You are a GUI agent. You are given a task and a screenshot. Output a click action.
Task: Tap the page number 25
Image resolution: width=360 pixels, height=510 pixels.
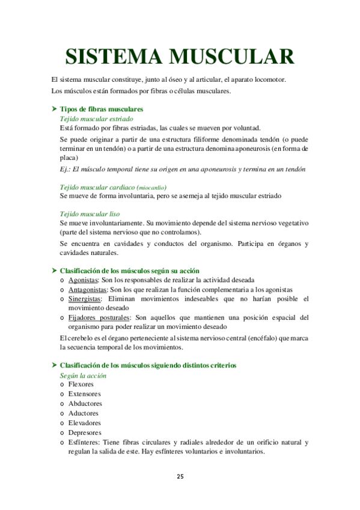(x=180, y=476)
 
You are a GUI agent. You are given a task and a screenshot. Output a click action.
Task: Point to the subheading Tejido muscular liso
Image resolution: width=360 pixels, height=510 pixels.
(x=90, y=214)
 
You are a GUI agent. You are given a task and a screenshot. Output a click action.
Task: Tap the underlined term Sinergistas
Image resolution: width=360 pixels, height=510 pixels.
(x=85, y=298)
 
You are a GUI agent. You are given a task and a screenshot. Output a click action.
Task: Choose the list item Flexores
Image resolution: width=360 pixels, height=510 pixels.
(x=81, y=384)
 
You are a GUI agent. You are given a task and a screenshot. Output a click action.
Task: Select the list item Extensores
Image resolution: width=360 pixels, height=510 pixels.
(x=84, y=394)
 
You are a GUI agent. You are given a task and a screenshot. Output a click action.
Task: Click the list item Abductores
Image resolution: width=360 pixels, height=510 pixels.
(x=85, y=404)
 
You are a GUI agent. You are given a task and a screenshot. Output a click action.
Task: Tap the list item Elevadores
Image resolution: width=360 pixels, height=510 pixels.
(x=84, y=423)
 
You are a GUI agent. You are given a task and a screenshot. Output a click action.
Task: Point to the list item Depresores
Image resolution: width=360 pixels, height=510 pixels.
(x=85, y=432)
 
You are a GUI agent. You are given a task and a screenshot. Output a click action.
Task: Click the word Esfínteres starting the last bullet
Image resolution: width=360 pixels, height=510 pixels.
(x=85, y=442)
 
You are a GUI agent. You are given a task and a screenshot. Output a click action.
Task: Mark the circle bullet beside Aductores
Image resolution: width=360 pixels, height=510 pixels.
(x=63, y=414)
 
